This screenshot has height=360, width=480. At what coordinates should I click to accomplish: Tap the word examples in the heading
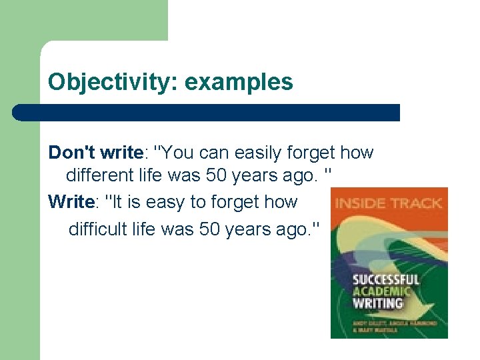pos(239,82)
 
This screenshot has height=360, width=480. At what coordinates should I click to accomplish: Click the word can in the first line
pos(210,153)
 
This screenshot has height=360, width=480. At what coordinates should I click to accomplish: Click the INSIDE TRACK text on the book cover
pos(389,203)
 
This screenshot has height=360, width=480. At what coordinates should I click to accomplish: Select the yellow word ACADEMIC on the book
pos(381,291)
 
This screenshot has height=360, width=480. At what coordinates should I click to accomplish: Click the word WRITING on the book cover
pos(378,303)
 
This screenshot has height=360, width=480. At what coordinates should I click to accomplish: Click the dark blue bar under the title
pos(207,112)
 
